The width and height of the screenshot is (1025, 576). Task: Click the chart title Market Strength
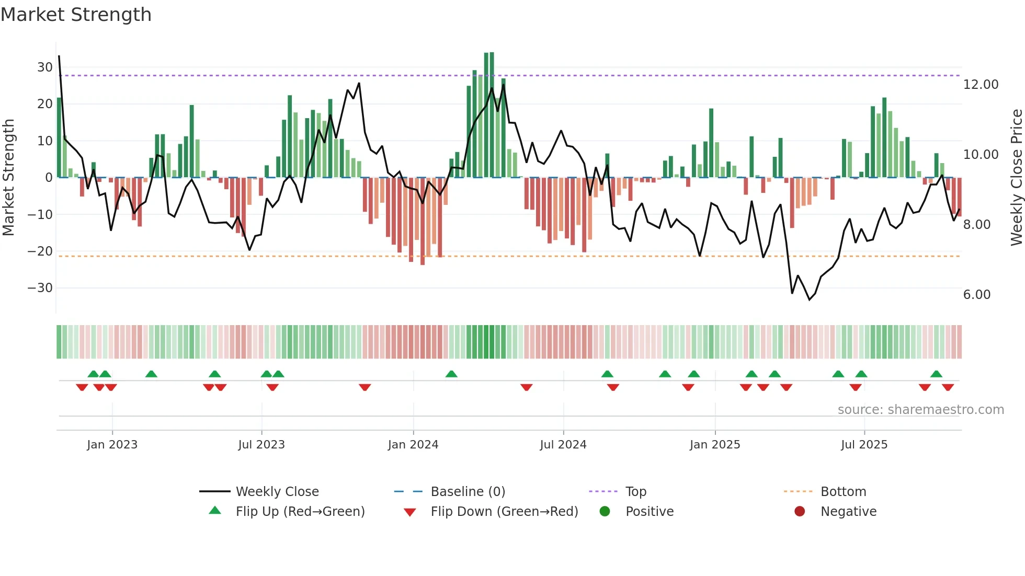76,15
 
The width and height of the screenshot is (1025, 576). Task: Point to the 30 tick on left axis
44,67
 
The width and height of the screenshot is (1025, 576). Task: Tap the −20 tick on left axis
40,251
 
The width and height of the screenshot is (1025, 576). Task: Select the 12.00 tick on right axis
981,85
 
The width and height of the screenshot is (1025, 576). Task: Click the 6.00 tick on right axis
976,295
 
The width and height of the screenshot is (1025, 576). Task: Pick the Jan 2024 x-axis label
413,445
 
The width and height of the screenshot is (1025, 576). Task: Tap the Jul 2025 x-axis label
864,445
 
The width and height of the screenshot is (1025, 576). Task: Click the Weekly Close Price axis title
1016,177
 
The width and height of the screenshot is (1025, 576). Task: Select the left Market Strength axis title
8,177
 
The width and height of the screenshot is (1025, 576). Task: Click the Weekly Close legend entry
277,492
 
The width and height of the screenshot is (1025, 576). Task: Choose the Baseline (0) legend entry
468,492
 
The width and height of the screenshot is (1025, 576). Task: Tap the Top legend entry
635,492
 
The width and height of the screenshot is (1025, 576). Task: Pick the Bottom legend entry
843,492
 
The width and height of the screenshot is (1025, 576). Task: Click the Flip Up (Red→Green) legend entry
300,512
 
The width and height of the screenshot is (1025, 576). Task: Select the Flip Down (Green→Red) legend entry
504,512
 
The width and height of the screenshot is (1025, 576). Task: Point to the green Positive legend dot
605,512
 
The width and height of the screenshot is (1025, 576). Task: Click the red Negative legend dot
799,512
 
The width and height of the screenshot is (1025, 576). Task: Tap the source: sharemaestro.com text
920,410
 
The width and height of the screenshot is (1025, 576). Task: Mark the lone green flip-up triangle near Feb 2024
451,374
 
